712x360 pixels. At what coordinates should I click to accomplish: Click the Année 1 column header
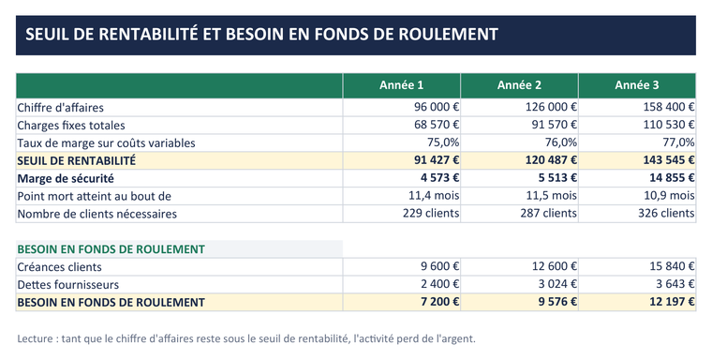click(401, 85)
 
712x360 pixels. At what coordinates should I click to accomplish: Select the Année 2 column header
click(519, 85)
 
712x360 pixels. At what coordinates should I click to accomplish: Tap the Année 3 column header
click(637, 85)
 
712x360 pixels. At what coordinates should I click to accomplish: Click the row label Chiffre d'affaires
click(60, 108)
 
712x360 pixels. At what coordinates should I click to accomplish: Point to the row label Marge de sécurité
click(66, 179)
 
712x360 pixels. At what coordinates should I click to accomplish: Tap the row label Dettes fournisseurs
click(68, 285)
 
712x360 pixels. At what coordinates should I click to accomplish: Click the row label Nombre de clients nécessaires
click(96, 214)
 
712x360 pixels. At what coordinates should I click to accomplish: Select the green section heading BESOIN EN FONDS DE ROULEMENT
click(111, 249)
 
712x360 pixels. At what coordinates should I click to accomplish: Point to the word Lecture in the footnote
click(36, 338)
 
